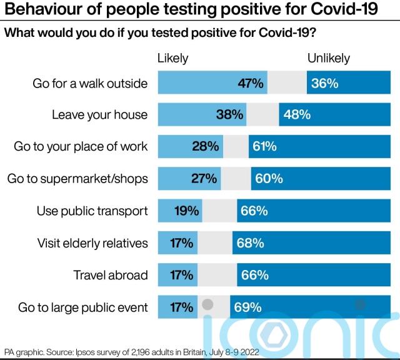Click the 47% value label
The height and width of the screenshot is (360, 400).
coord(251,82)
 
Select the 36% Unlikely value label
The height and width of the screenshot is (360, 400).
coord(324,82)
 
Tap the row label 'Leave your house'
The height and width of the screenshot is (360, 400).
coord(99,114)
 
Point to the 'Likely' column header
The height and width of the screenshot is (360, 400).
coord(172,58)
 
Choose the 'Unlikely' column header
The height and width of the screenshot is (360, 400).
coord(328,58)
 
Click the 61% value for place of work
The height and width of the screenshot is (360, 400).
coord(265,147)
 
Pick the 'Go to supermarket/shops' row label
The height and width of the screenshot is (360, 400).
coord(77,179)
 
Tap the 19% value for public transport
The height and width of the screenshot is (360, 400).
coord(186,211)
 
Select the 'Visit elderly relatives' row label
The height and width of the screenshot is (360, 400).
coord(92,243)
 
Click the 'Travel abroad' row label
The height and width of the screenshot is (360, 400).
coord(110,275)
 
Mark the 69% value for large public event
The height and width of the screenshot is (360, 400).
coord(247,307)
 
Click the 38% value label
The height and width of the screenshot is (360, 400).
coord(230,114)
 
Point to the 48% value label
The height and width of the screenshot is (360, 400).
coord(297,114)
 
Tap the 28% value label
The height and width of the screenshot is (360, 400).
coord(206,147)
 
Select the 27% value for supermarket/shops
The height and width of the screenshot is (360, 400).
coord(204,179)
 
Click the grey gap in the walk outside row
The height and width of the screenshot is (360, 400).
coord(287,82)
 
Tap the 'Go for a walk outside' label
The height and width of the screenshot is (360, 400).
coord(90,82)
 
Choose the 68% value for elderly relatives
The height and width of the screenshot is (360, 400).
coord(250,243)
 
